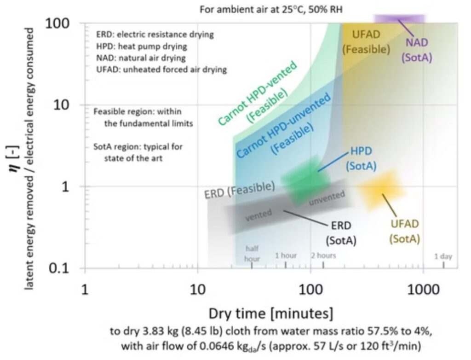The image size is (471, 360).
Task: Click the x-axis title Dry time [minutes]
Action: (x=270, y=314)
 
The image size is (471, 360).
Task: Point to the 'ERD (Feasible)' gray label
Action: (x=239, y=190)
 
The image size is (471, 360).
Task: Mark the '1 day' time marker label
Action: (x=443, y=256)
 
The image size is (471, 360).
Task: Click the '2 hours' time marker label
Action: (x=324, y=255)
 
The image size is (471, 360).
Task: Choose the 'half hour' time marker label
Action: (x=252, y=253)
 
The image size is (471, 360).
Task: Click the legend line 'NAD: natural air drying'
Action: (x=141, y=58)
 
